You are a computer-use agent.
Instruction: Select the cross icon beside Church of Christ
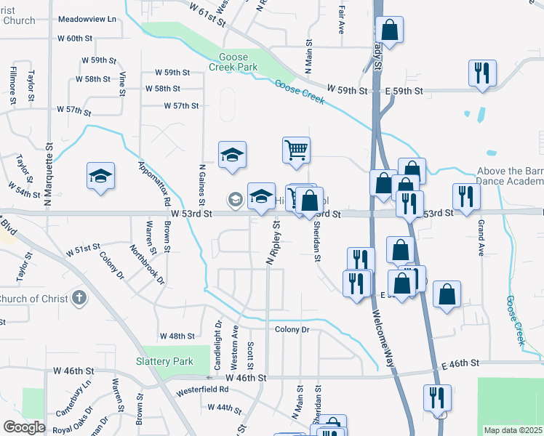coord(79,298)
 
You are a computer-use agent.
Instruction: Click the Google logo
coord(24,427)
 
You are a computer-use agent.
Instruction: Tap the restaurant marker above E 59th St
coord(482,73)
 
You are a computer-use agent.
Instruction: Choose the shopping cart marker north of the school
coord(296,150)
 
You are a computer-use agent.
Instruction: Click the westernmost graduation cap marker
coord(101,176)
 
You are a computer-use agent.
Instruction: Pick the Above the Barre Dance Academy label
coord(510,177)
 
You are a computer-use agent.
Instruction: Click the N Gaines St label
coord(201,185)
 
